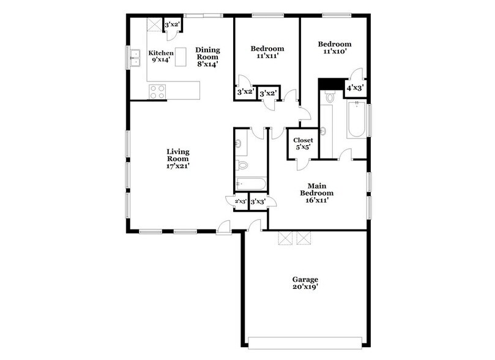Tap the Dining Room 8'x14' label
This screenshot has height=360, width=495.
tap(207, 56)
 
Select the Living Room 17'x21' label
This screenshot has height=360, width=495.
tap(178, 157)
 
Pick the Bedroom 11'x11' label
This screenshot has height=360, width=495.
tap(267, 52)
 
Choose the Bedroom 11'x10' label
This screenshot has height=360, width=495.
tap(335, 48)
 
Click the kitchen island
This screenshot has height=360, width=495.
tap(181, 56)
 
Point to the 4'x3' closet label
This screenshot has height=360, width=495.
tap(355, 88)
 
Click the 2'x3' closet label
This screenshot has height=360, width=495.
tap(236, 201)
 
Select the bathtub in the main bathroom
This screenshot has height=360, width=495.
tap(356, 120)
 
